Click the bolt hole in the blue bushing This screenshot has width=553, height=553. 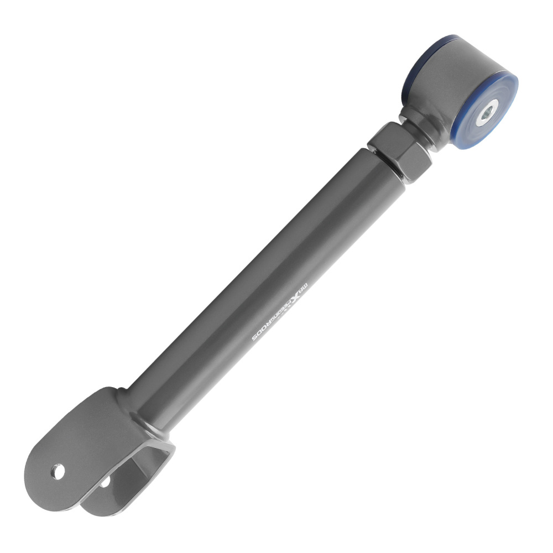pos(487,114)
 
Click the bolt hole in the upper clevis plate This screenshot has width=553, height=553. pos(58,471)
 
